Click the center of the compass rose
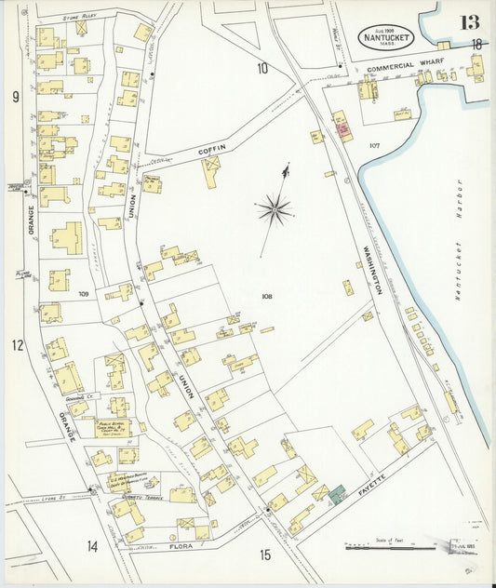tap(275, 209)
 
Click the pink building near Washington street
tap(342, 129)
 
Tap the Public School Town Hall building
tap(112, 429)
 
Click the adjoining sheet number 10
tap(262, 67)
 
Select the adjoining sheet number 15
tap(265, 555)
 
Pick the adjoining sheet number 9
tap(16, 96)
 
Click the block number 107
tap(374, 146)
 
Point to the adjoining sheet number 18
tap(476, 44)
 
